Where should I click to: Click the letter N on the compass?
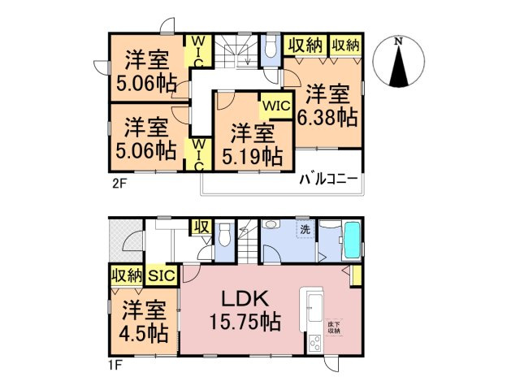click(397, 41)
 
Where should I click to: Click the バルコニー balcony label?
click(328, 180)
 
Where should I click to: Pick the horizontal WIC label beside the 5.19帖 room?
click(275, 106)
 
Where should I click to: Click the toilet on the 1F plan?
click(227, 236)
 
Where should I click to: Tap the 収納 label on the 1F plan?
click(125, 276)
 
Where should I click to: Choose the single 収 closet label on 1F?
click(200, 227)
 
